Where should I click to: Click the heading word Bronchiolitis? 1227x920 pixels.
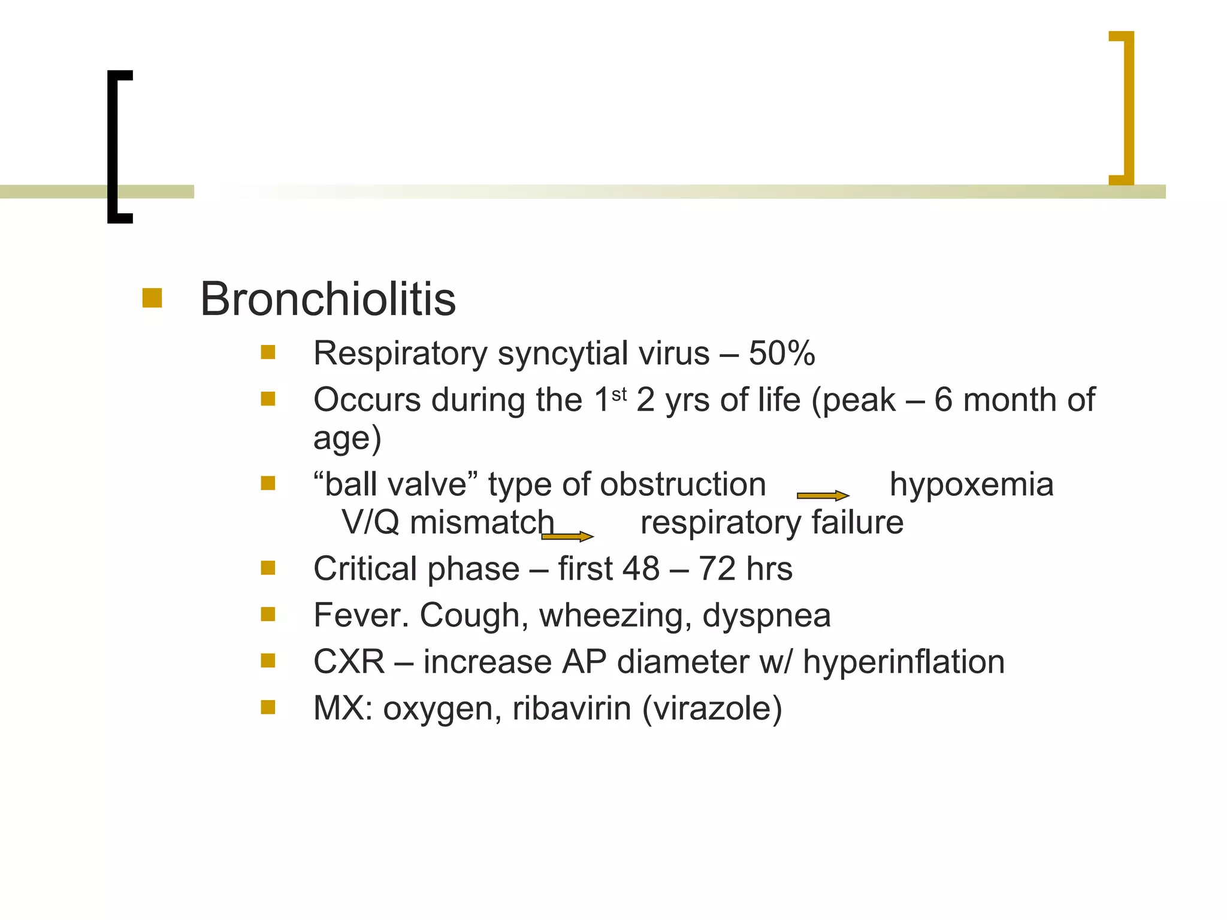click(328, 299)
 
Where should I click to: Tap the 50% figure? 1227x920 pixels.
click(781, 353)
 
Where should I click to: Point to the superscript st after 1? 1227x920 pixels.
click(619, 394)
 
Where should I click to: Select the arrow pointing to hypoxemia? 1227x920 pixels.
click(823, 495)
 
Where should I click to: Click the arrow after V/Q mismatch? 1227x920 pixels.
click(567, 536)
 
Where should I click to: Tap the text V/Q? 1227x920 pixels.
click(370, 522)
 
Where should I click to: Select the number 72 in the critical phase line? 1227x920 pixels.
click(717, 568)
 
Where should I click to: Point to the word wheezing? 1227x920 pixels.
click(615, 615)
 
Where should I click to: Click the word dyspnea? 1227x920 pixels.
click(766, 616)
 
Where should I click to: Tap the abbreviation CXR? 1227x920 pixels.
click(349, 662)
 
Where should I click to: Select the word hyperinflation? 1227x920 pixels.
click(903, 662)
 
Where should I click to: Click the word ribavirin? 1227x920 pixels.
click(572, 709)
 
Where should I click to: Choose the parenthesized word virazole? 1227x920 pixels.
click(712, 709)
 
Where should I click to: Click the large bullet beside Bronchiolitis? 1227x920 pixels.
click(152, 298)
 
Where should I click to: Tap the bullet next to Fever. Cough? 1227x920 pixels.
click(268, 614)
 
